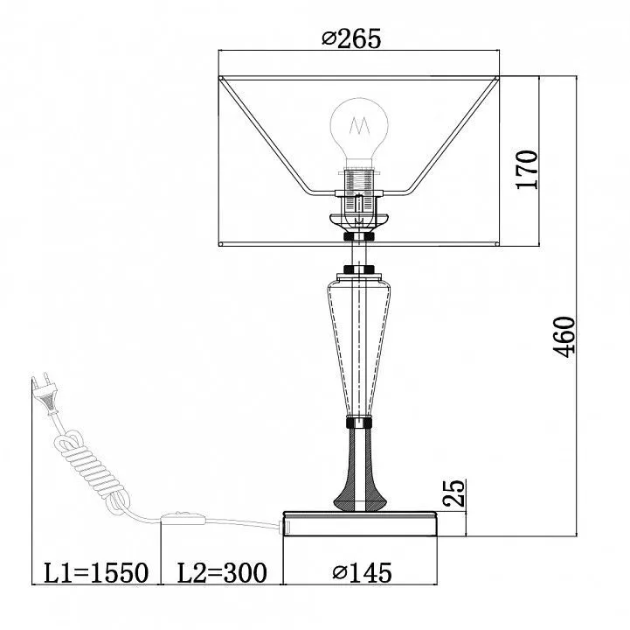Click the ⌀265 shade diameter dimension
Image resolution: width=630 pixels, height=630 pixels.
coord(351,39)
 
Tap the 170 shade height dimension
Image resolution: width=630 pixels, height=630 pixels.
coord(527,170)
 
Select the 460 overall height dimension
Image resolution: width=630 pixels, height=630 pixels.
coord(564,337)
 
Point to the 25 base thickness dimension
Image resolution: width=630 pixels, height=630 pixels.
coord(453,493)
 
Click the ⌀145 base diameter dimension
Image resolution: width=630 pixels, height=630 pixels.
coord(362,573)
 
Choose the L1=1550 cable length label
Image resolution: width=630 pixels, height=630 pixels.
coord(95,573)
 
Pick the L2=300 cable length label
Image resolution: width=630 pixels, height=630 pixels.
coord(222,573)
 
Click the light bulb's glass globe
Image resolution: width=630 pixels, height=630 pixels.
coord(359,128)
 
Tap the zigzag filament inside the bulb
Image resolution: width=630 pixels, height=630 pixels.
coord(360,126)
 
